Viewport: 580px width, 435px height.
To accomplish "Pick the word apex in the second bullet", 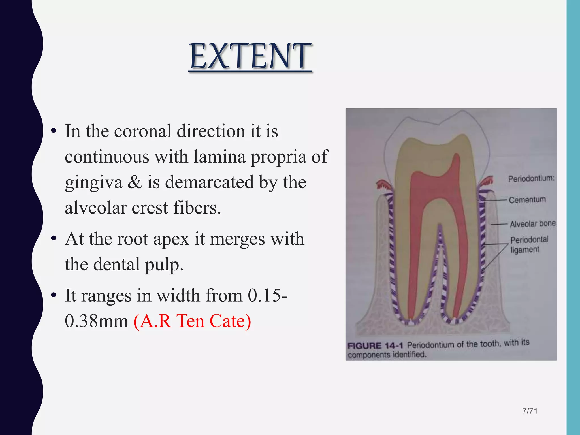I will click(171, 239).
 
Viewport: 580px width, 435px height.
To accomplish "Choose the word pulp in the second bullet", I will click(164, 265).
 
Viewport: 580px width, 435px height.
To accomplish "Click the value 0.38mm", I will click(96, 321).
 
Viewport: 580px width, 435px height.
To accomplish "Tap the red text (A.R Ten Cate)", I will click(192, 321).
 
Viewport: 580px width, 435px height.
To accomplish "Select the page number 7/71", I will click(530, 411).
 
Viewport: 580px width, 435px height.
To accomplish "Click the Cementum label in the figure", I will click(527, 200).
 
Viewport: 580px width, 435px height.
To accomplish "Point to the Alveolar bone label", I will click(533, 224).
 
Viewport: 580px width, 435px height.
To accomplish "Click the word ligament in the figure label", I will click(525, 250).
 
